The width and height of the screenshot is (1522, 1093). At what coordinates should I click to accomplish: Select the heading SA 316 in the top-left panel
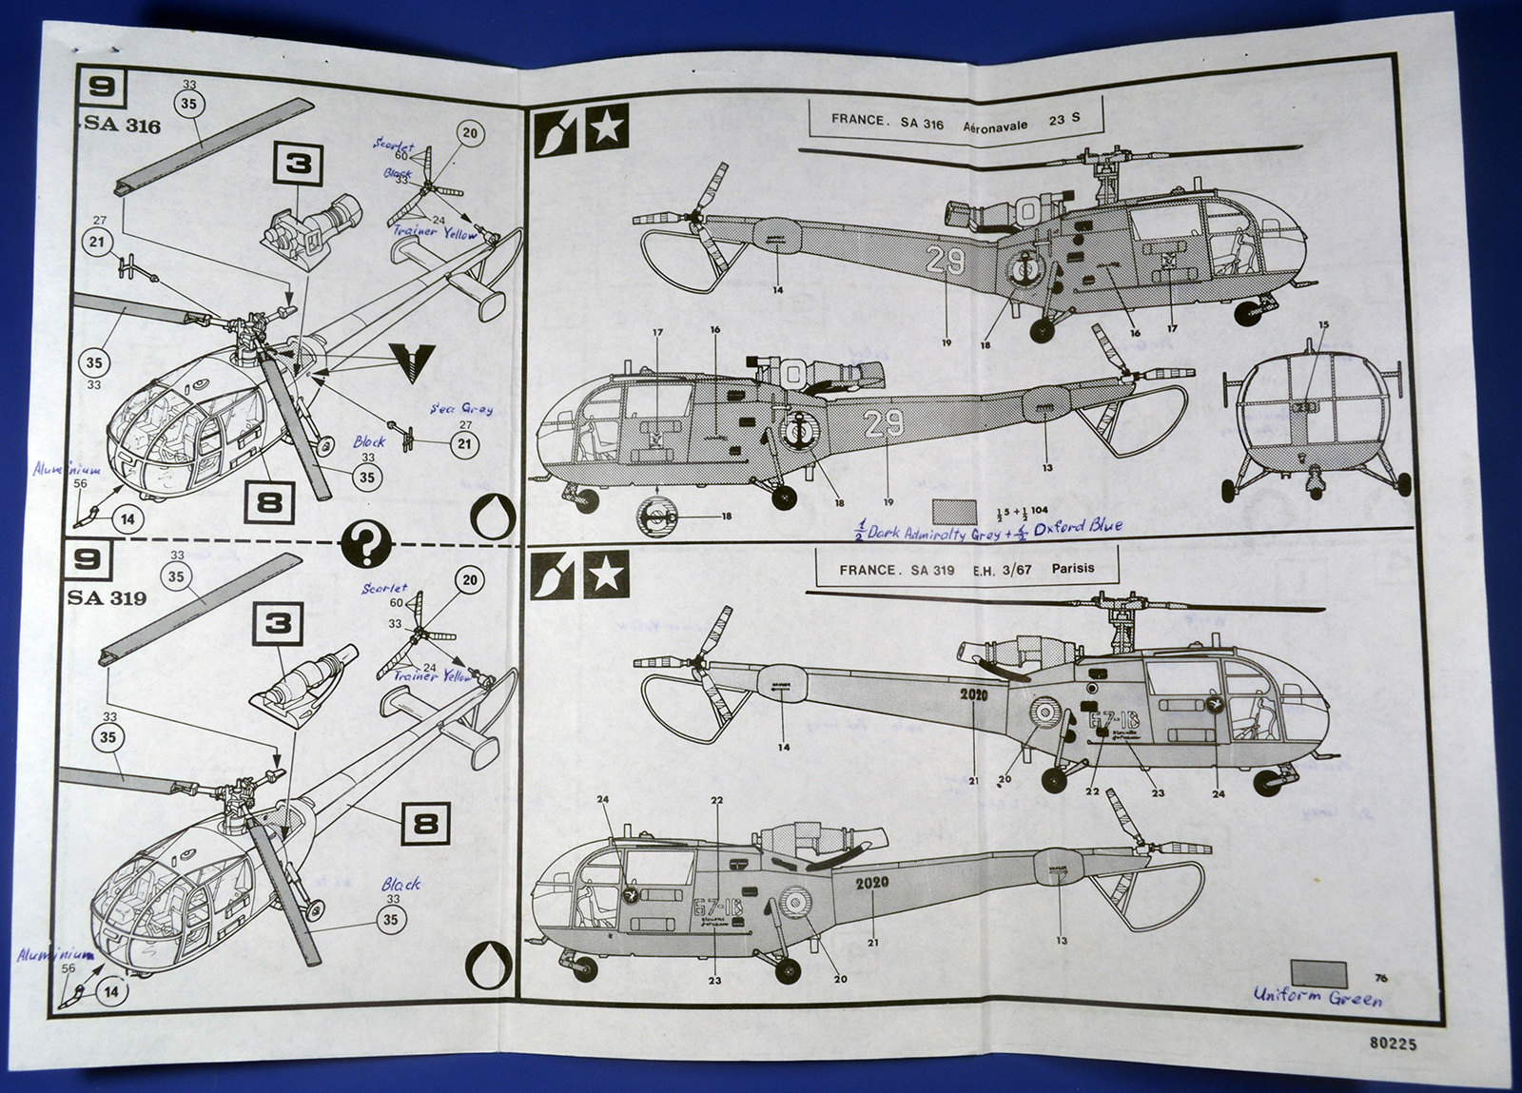123,126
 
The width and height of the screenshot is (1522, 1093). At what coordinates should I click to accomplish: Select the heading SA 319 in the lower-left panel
107,597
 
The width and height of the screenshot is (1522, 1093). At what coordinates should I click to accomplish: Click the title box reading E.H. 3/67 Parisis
966,570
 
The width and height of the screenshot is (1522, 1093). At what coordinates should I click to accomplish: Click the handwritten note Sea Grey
460,408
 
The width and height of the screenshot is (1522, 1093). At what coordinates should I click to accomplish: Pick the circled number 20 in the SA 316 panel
469,133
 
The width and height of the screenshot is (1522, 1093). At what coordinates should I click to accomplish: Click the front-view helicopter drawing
1312,420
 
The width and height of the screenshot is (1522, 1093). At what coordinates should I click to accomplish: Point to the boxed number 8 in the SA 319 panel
425,821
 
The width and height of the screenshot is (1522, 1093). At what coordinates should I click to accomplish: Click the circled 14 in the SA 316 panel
128,518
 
